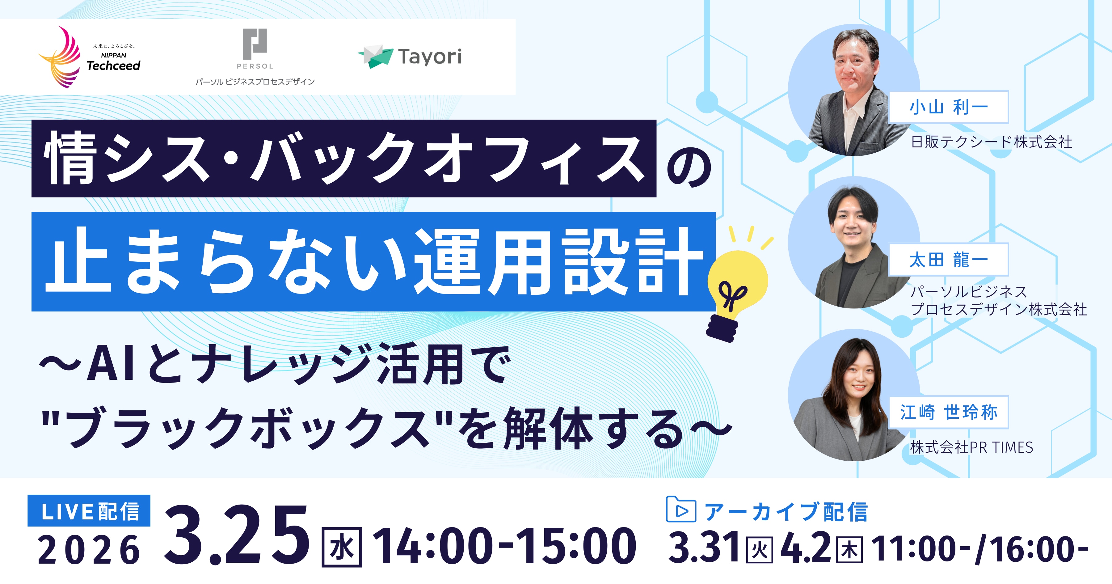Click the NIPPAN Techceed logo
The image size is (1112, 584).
click(89, 57)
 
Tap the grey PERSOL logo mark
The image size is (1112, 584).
click(255, 44)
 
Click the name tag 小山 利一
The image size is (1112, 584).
click(948, 107)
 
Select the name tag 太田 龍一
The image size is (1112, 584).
click(948, 260)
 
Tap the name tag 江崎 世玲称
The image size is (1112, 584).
click(948, 412)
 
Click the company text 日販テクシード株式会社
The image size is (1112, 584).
click(992, 142)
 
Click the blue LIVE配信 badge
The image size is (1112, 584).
click(89, 510)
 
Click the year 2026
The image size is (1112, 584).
click(89, 550)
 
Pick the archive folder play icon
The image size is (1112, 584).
click(681, 510)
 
